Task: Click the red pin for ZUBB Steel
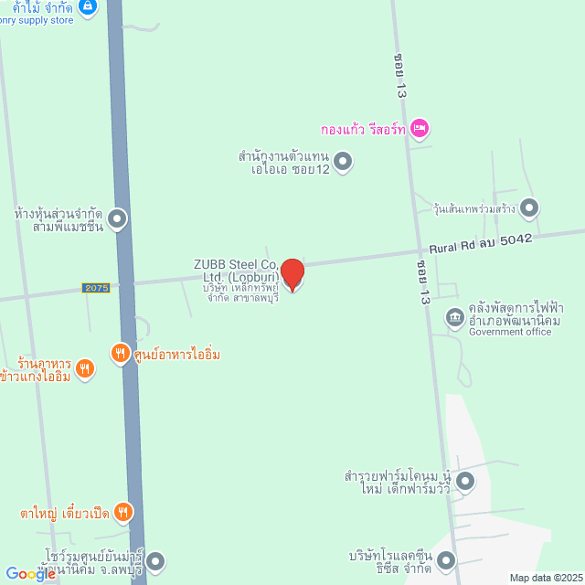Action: [292, 274]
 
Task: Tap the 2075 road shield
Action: [96, 288]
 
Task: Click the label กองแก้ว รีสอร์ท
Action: [363, 129]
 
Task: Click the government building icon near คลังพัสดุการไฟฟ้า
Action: [454, 317]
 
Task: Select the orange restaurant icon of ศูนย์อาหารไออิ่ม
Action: [120, 353]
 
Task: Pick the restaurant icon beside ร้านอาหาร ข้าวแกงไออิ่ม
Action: [85, 368]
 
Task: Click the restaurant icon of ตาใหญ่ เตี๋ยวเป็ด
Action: [123, 512]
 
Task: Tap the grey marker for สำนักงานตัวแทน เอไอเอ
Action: [343, 163]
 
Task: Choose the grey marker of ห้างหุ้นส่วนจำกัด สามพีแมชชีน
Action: [117, 218]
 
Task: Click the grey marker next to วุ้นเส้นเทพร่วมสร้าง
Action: [529, 207]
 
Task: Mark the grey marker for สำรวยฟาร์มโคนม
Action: [464, 480]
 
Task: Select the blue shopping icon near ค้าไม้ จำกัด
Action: [88, 7]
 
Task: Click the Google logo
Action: [30, 574]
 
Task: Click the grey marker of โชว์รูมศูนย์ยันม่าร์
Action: [155, 560]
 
